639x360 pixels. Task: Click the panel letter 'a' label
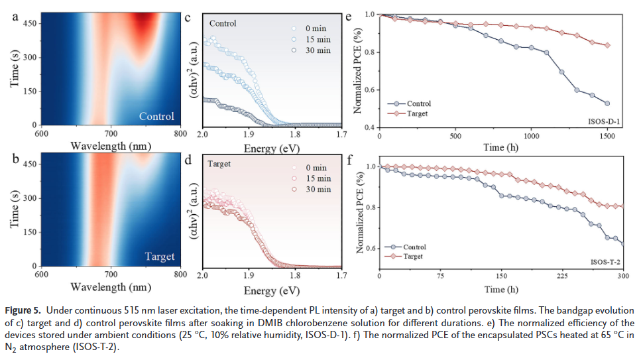coord(15,17)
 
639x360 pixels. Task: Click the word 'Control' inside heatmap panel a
coord(156,117)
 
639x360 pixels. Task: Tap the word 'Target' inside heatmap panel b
coord(159,257)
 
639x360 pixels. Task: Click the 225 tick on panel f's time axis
coord(562,276)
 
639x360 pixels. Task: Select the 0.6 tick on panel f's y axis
coord(371,249)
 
